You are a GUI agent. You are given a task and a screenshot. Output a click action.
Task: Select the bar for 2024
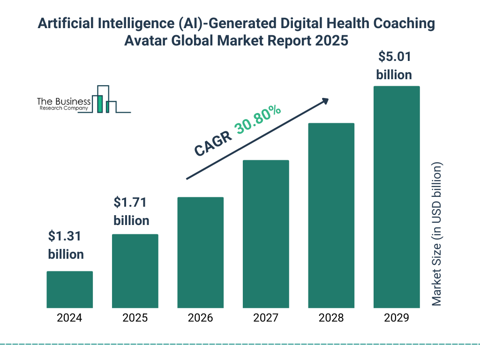coord(69,290)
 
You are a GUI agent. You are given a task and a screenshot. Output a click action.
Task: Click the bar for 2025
coord(135,271)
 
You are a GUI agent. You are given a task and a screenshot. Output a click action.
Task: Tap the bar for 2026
coord(200,253)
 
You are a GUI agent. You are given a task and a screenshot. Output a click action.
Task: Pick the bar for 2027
coord(266,234)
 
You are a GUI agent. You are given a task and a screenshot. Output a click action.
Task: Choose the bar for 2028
coord(331,216)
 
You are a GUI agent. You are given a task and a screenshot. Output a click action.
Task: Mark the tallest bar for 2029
coord(397,197)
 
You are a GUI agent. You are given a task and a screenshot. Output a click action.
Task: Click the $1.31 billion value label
coord(66,245)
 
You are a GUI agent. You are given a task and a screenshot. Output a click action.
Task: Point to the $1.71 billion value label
coord(131,211)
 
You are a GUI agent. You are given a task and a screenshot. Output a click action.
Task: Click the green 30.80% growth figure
coord(258,120)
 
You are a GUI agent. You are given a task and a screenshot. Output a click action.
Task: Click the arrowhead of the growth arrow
coord(325,101)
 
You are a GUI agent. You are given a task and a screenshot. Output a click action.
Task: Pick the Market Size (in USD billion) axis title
coord(437,234)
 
